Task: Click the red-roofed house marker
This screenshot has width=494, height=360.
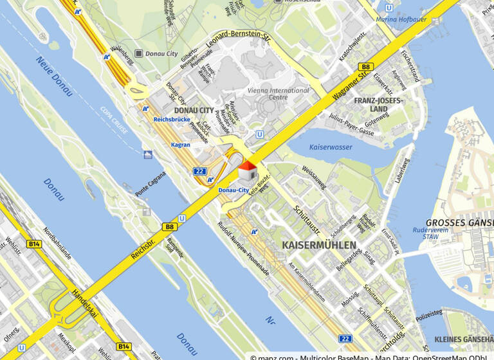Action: coord(248,172)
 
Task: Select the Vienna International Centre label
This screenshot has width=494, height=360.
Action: coord(279,94)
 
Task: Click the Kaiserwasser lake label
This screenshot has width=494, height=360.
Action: coord(331,147)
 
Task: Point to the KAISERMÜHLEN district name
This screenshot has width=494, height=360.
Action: coord(318,246)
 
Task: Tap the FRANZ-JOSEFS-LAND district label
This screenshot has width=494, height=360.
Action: coord(379,105)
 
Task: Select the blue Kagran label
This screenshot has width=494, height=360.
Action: coord(180,145)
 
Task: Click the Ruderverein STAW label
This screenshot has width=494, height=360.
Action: coord(430,233)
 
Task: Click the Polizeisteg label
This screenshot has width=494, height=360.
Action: coord(429,314)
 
